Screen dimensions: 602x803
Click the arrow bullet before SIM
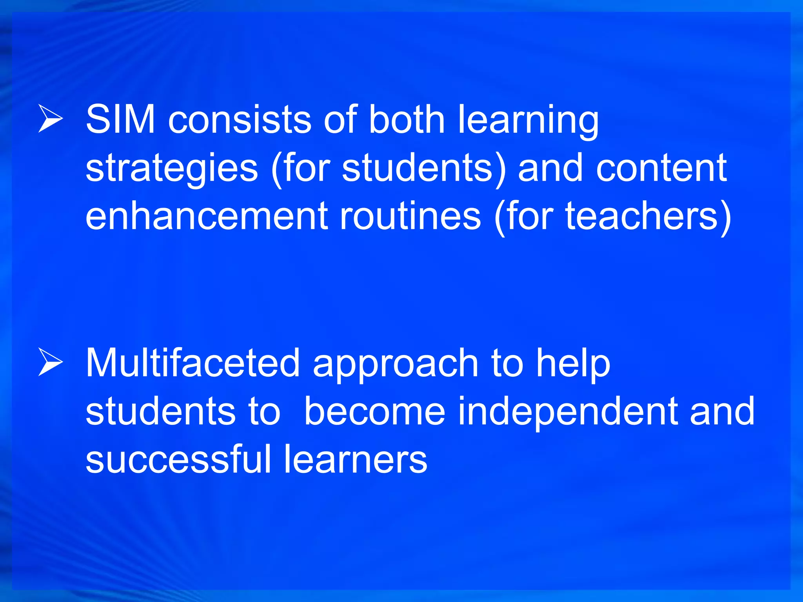(51, 118)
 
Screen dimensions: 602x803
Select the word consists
(240, 119)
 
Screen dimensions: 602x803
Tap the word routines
(410, 216)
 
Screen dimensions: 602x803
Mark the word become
(375, 411)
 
